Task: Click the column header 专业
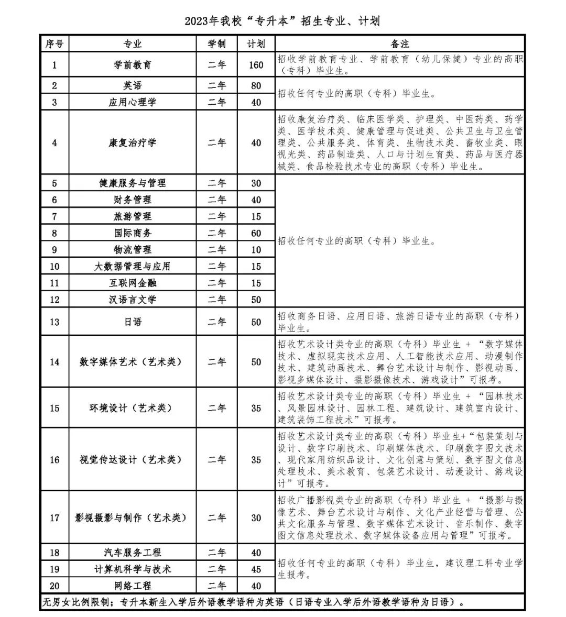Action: tap(133, 44)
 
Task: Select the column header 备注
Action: tap(400, 44)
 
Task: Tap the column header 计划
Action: tap(256, 44)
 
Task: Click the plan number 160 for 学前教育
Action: tap(256, 65)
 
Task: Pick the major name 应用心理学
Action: tap(133, 102)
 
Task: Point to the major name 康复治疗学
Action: tap(133, 142)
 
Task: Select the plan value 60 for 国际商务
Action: tap(256, 233)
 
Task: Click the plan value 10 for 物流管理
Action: tap(256, 250)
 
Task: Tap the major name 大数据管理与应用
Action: tap(133, 267)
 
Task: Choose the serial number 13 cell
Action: tap(55, 322)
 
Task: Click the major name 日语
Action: tap(133, 322)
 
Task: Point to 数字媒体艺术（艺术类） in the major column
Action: tap(133, 362)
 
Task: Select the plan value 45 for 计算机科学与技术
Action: tap(256, 569)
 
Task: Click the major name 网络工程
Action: tap(133, 586)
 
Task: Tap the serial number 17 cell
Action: tap(55, 518)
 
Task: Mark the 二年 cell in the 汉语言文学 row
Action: tap(216, 300)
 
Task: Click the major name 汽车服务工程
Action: tap(133, 553)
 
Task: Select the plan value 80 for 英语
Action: tap(256, 85)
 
